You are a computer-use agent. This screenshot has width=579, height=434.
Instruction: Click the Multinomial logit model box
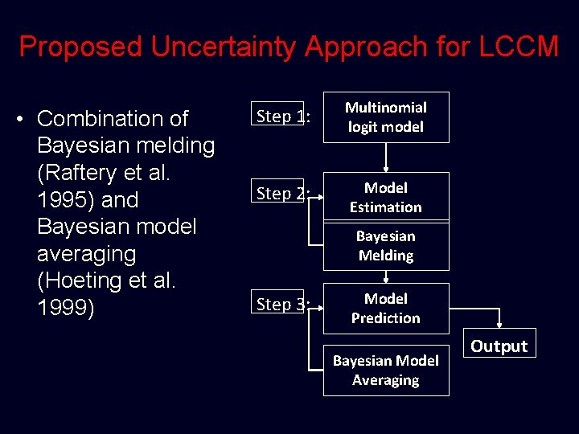point(386,117)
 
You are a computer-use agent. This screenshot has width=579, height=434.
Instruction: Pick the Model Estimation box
point(386,196)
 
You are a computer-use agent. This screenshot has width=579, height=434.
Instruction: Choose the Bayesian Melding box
point(386,246)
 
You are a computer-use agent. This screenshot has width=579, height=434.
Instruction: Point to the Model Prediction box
point(386,308)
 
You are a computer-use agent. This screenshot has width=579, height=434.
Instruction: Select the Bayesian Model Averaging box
point(386,371)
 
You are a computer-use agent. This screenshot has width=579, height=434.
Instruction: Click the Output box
point(499,346)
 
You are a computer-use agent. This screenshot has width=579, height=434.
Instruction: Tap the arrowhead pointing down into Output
point(499,325)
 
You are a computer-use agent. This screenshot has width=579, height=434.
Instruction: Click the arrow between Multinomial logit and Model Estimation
point(386,158)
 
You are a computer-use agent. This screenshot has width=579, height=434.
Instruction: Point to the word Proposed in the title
point(80,47)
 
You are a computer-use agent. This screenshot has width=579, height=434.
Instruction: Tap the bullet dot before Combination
point(23,119)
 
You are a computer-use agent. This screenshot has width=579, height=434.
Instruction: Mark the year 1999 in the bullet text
point(66,309)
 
